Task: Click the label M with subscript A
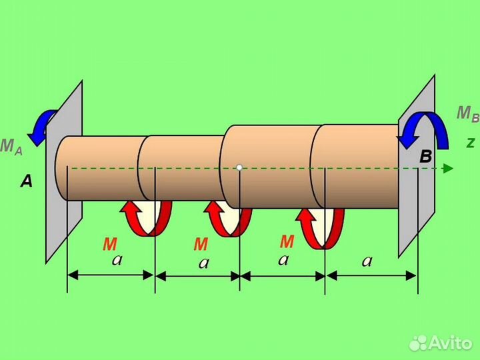pos(11,147)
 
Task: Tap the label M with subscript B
pos(468,114)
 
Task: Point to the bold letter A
pos(26,181)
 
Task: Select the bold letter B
pos(426,157)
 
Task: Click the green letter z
pos(471,143)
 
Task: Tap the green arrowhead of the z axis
pos(449,169)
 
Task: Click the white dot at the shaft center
pos(239,167)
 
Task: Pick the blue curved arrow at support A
pos(42,127)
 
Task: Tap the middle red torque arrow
pos(228,219)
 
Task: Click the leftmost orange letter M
pos(110,244)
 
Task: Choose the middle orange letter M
pos(201,244)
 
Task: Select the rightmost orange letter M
pos(287,241)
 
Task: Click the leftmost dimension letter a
pos(117,261)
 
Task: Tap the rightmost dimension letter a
pos(367,261)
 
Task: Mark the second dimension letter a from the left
pos(204,263)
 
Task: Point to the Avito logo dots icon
pos(418,343)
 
